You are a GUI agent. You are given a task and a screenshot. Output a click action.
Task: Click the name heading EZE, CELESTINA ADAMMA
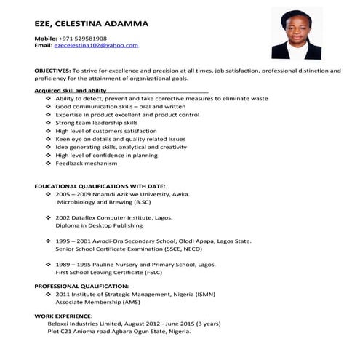pyautogui.click(x=92, y=23)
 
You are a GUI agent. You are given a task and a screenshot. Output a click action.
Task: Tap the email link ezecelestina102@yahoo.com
pyautogui.click(x=96, y=45)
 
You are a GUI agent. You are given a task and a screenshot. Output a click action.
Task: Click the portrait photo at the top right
pyautogui.click(x=296, y=33)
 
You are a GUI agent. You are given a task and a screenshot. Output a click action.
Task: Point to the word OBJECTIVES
pyautogui.click(x=52, y=71)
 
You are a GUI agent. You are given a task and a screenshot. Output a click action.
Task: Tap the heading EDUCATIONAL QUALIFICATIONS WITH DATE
pyautogui.click(x=100, y=186)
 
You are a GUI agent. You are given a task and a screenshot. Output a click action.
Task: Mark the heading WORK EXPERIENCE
pyautogui.click(x=63, y=316)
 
